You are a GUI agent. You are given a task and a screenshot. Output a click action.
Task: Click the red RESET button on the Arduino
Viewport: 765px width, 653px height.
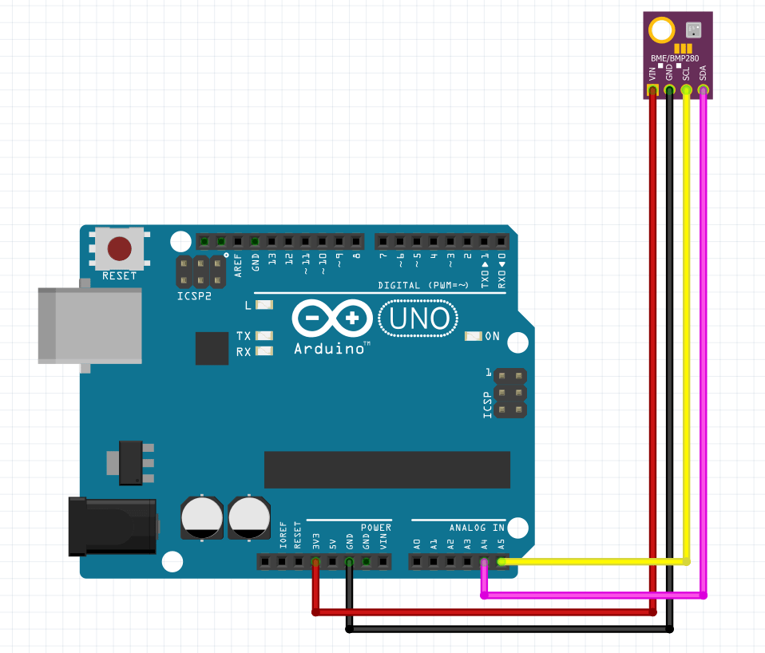[120, 249]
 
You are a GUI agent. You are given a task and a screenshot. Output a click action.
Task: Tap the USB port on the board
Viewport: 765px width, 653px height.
[88, 326]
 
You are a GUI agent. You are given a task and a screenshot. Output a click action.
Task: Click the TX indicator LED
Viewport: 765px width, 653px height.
[264, 336]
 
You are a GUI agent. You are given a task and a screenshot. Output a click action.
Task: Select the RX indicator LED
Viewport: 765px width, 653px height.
[264, 351]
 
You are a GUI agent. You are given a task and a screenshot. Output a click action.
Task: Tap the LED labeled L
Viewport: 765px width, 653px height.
[264, 305]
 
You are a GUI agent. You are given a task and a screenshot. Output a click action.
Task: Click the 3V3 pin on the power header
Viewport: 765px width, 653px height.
[316, 562]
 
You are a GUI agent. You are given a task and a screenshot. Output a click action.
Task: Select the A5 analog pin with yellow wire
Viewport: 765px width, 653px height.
[501, 562]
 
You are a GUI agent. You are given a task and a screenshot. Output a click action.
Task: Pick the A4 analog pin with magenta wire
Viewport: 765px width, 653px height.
[484, 562]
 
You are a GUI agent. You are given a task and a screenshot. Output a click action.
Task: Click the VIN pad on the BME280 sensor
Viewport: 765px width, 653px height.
[652, 90]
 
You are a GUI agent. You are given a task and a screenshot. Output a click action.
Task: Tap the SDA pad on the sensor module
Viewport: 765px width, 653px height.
[704, 90]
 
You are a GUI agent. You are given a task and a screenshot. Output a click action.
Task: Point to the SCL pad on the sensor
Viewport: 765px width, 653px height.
[686, 90]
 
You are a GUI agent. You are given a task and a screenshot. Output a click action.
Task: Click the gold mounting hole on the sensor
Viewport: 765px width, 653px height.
[661, 31]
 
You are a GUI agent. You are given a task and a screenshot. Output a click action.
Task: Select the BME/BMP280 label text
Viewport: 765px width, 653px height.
[678, 58]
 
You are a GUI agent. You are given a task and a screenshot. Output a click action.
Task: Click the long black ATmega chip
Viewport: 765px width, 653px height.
[387, 469]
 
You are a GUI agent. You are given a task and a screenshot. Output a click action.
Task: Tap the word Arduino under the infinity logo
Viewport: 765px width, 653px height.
[329, 349]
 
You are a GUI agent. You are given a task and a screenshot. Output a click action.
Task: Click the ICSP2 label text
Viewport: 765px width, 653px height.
[195, 296]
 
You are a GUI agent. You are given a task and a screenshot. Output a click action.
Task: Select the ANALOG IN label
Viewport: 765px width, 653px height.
[477, 528]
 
